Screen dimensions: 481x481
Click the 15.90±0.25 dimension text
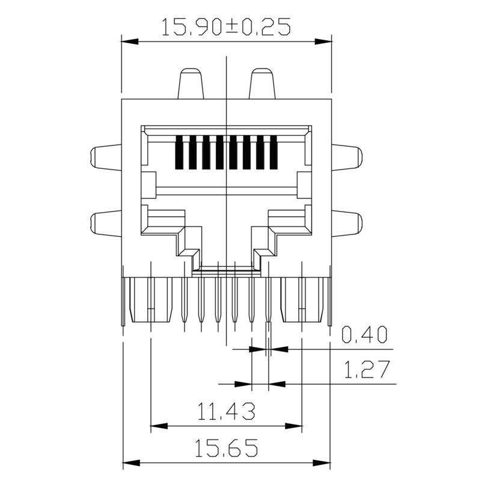click(x=226, y=26)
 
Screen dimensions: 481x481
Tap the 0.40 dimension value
click(x=364, y=335)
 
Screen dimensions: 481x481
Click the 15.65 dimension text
click(x=226, y=448)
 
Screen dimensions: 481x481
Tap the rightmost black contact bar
click(x=274, y=153)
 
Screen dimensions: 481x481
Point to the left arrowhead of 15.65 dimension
click(x=129, y=464)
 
